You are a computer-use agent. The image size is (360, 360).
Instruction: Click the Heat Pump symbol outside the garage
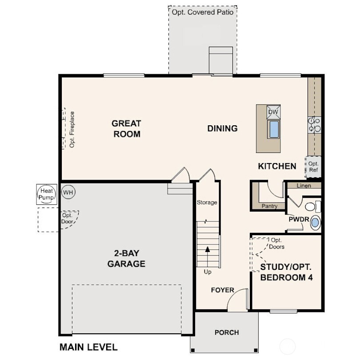[x=46, y=194]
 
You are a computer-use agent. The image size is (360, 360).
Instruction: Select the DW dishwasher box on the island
[x=273, y=112]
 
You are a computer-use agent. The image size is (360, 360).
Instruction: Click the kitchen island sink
[x=273, y=129]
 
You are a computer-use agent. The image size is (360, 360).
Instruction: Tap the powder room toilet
[x=313, y=206]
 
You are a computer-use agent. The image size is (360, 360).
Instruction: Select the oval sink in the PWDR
[x=315, y=222]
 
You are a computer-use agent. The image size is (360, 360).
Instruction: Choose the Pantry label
[x=269, y=206]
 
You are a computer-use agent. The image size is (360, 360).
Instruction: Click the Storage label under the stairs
[x=207, y=203]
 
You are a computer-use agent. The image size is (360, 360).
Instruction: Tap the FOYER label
[x=222, y=290]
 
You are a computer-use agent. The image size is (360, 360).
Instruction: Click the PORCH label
[x=226, y=332]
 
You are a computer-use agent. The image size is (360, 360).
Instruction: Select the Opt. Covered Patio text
[x=202, y=12]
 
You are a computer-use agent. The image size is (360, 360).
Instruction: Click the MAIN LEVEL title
[x=88, y=347]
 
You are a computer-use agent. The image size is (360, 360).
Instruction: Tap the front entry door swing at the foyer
[x=237, y=300]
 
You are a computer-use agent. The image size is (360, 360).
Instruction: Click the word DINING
[x=222, y=128]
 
